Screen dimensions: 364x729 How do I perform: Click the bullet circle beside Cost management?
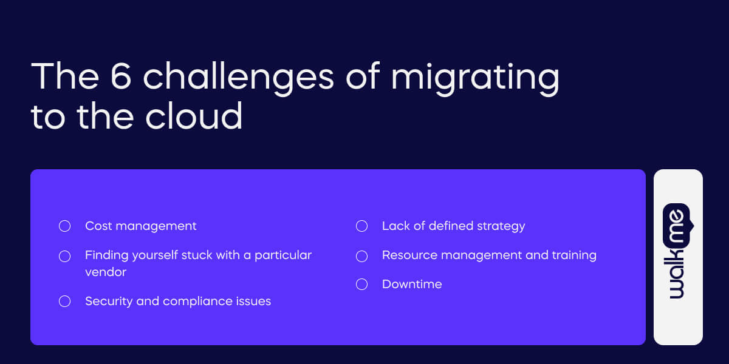coord(64,226)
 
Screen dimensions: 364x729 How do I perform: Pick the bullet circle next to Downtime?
coord(361,285)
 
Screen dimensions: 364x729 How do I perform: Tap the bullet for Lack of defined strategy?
coord(361,226)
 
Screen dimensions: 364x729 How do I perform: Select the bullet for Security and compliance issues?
coord(64,302)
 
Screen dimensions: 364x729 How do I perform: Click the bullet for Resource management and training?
coord(361,255)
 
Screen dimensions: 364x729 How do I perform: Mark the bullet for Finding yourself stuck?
coord(64,256)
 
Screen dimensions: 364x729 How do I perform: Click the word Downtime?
coord(412,285)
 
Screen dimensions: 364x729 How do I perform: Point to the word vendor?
coord(106,272)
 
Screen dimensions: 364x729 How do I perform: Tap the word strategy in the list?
coord(501,226)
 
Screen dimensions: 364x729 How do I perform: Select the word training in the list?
coord(573,255)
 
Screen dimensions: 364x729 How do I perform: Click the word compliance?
coord(195,302)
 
